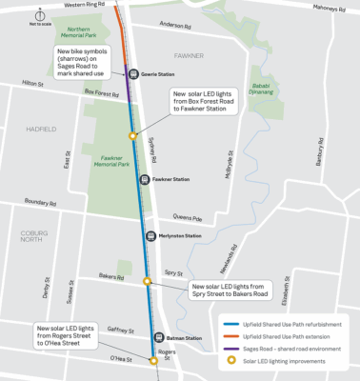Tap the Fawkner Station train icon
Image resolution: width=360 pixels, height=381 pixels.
click(144, 179)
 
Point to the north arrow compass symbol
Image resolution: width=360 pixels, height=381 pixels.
click(41, 15)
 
